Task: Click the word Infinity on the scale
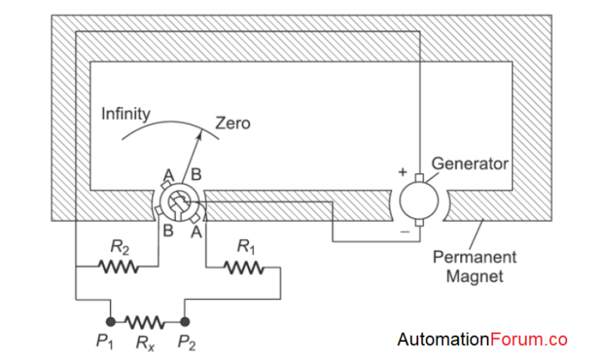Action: pyautogui.click(x=126, y=113)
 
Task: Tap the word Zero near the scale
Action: pyautogui.click(x=233, y=123)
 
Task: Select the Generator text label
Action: pyautogui.click(x=470, y=164)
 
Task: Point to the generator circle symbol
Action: pyautogui.click(x=420, y=201)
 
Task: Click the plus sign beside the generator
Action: pyautogui.click(x=403, y=171)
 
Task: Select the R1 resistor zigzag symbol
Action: pyautogui.click(x=244, y=269)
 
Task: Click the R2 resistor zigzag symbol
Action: pyautogui.click(x=119, y=268)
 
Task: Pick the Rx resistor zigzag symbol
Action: pyautogui.click(x=147, y=321)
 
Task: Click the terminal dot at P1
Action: pyautogui.click(x=111, y=321)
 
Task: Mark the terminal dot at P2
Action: pyautogui.click(x=184, y=321)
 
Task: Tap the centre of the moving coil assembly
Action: pyautogui.click(x=178, y=202)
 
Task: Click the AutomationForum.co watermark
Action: pyautogui.click(x=482, y=340)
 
